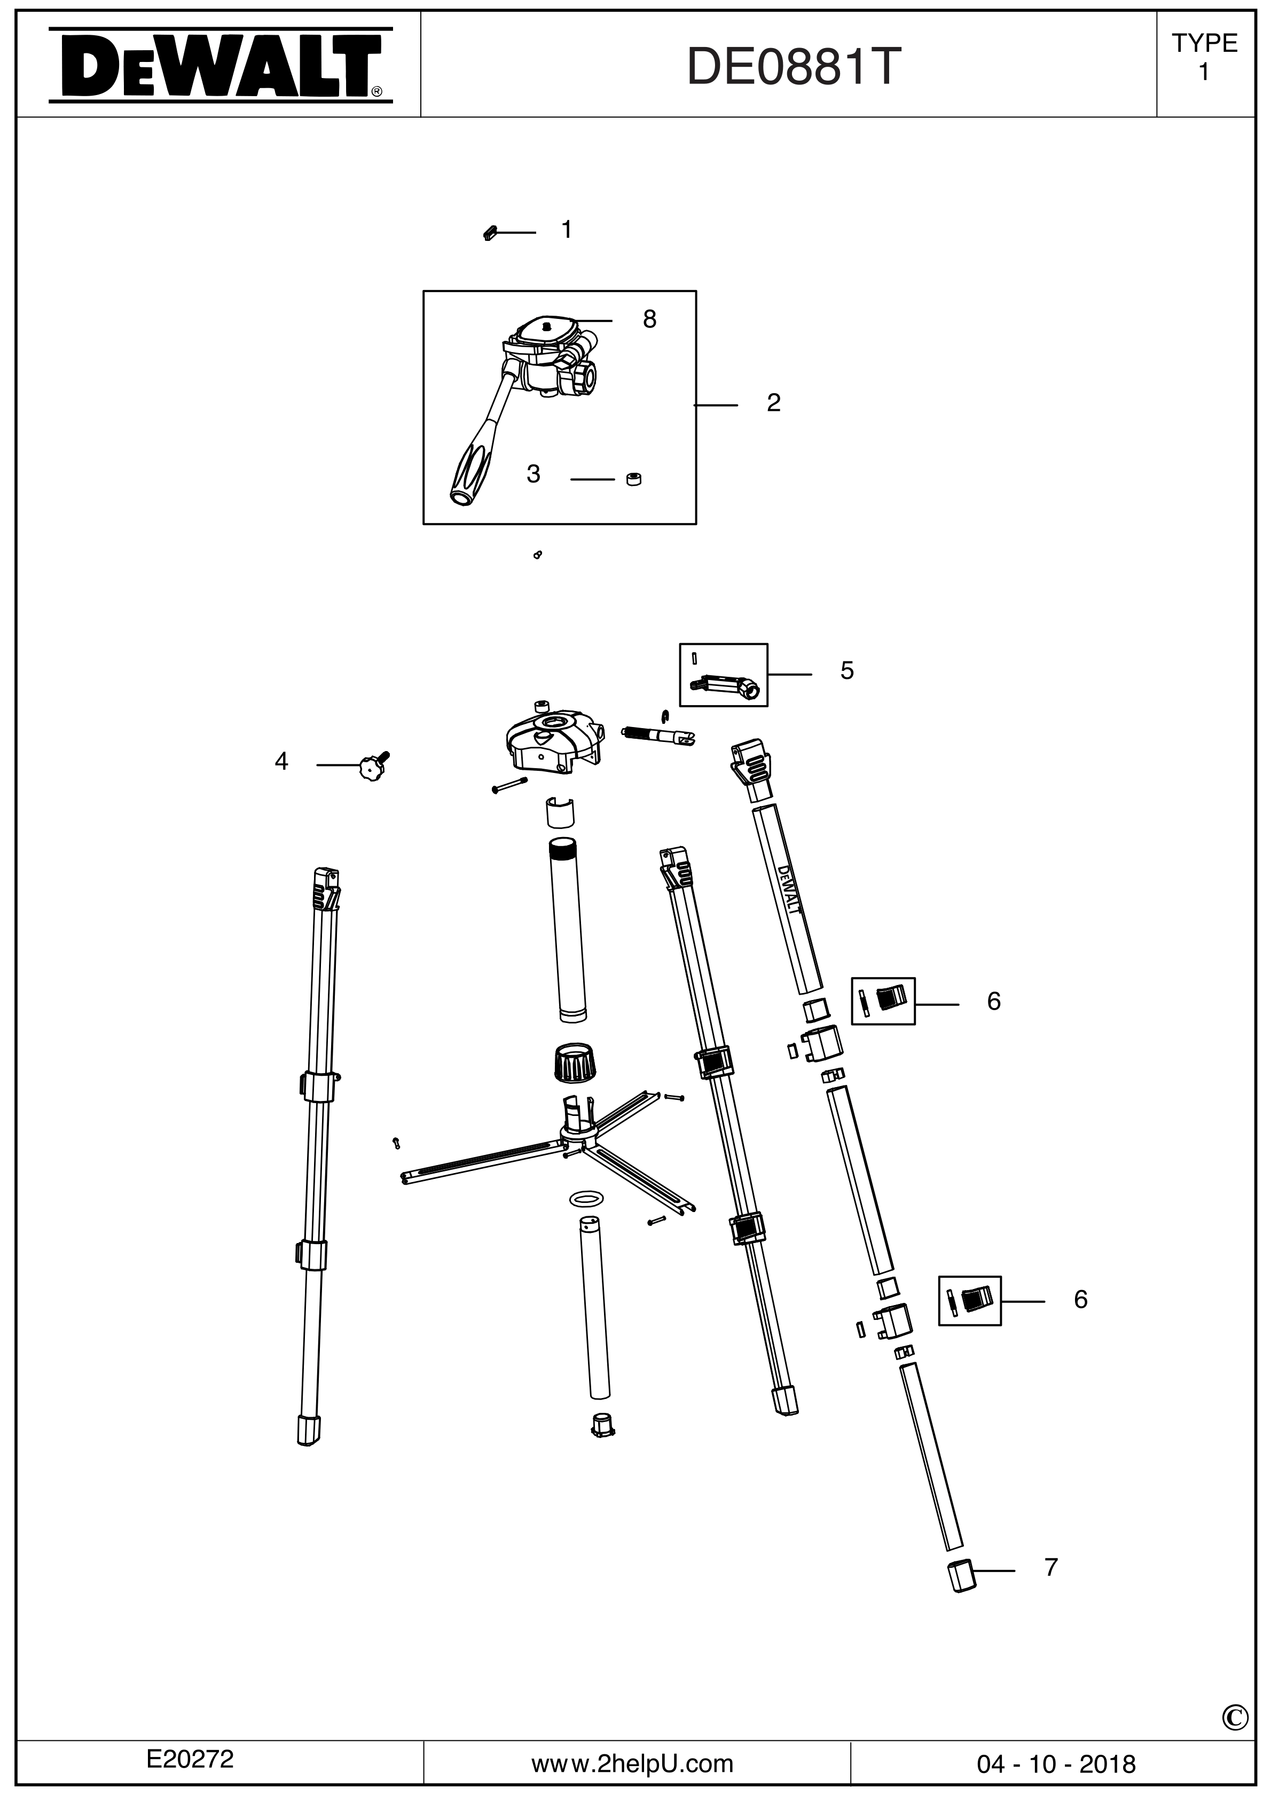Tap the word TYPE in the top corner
click(1204, 43)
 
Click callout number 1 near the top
click(567, 230)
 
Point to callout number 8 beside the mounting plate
click(649, 319)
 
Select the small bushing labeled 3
click(634, 479)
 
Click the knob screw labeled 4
click(373, 767)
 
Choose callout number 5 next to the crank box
click(847, 671)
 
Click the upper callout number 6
click(993, 1001)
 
